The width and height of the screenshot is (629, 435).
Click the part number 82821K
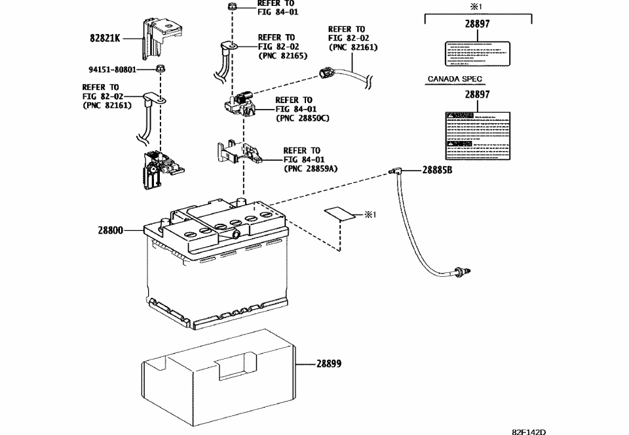tap(105, 38)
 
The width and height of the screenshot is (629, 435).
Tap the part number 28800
tap(111, 231)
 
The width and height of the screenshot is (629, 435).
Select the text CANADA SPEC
tap(455, 79)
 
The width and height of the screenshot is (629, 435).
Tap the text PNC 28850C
tap(303, 118)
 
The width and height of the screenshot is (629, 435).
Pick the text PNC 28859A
tap(311, 169)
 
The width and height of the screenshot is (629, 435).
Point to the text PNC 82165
tap(282, 56)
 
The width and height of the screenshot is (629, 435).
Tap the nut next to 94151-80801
tap(161, 68)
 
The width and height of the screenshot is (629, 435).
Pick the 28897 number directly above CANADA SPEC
tap(478, 24)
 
